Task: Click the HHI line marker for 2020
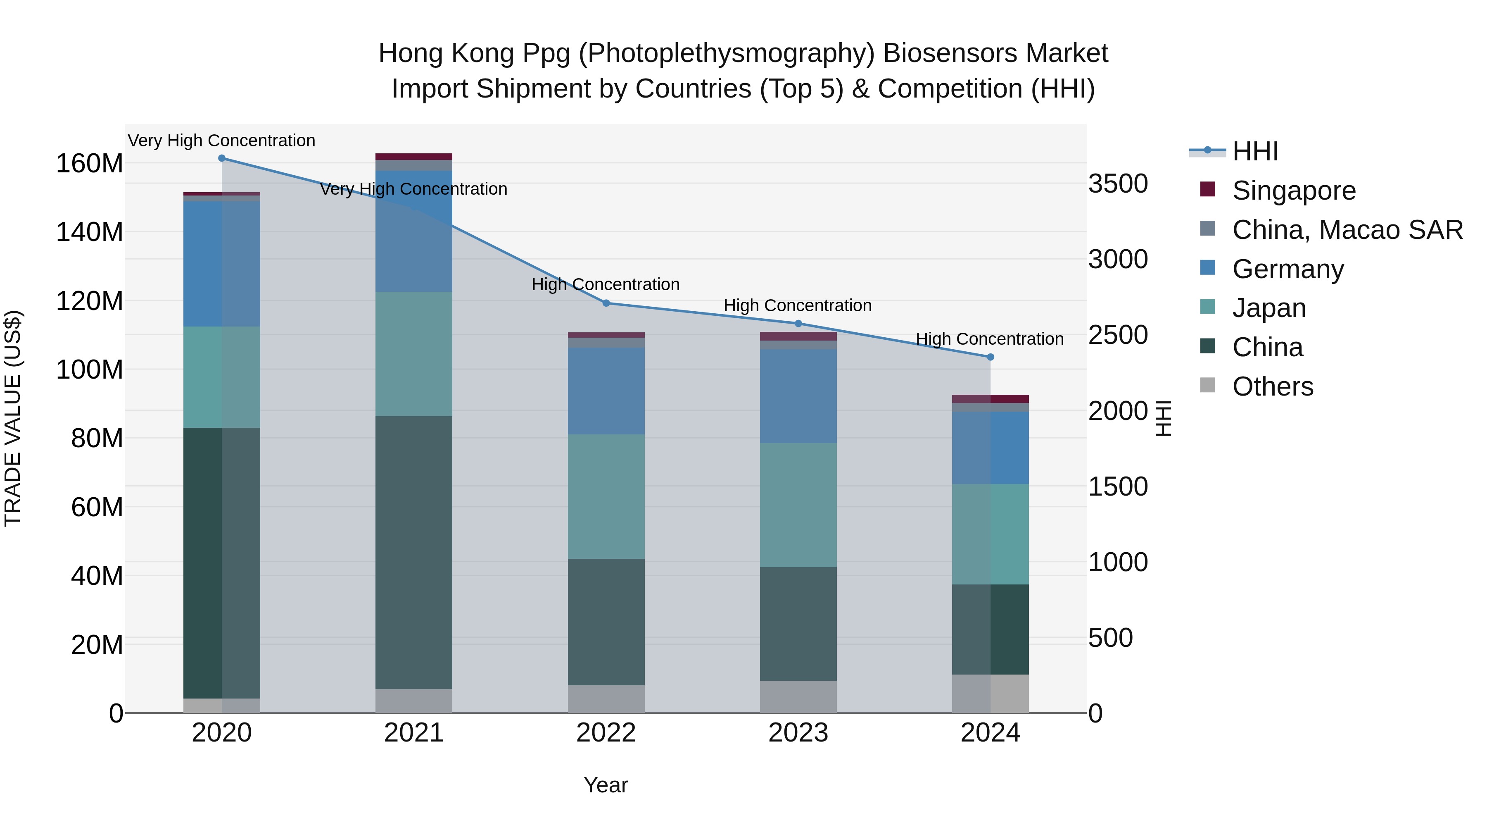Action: point(222,158)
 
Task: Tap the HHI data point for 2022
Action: point(606,303)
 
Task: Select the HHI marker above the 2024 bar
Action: point(991,357)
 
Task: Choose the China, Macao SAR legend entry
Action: point(1347,230)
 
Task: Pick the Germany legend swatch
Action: point(1208,268)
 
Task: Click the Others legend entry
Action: point(1272,386)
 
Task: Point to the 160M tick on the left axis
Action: point(90,163)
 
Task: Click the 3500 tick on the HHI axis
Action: point(1118,184)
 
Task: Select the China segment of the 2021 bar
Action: point(414,552)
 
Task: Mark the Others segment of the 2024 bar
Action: point(991,693)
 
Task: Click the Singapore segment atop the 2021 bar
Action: point(414,157)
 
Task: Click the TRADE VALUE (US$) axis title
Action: point(13,418)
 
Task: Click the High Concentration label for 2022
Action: point(606,285)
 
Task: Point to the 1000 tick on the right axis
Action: point(1118,562)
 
